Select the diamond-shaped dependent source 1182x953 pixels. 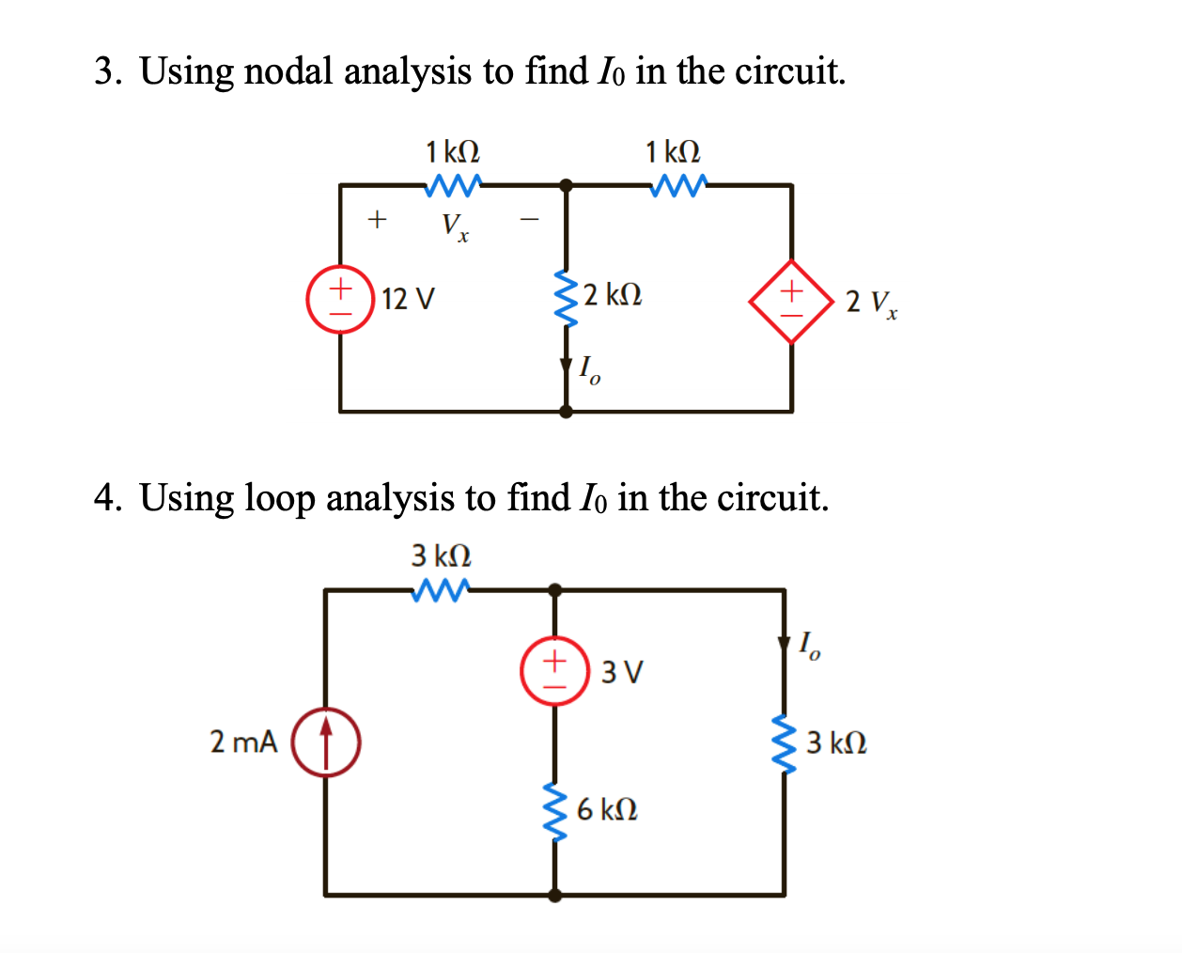(x=791, y=301)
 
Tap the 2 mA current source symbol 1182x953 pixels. (x=326, y=742)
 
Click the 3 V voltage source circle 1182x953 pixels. (x=554, y=671)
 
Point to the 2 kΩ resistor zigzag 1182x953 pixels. (x=566, y=298)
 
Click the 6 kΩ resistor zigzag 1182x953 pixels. (x=555, y=810)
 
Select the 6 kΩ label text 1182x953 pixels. (x=607, y=809)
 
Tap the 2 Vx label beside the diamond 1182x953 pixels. (x=871, y=303)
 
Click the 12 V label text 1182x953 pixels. (x=409, y=299)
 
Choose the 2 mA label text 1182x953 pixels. (x=243, y=742)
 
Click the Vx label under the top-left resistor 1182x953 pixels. (x=455, y=227)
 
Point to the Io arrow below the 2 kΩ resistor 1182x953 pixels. (x=566, y=366)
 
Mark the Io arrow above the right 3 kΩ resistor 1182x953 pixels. (x=784, y=644)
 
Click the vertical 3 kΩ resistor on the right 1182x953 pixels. (x=784, y=742)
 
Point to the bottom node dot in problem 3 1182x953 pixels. (x=566, y=411)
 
